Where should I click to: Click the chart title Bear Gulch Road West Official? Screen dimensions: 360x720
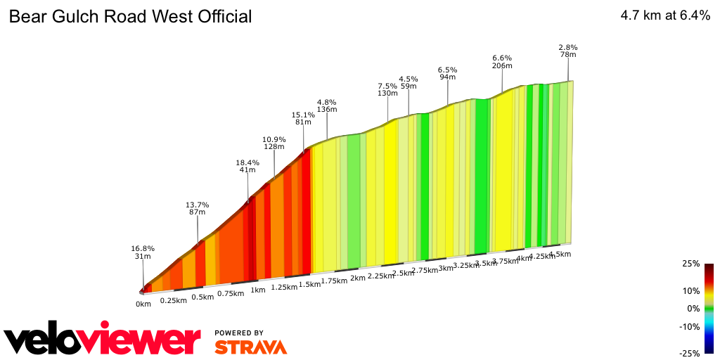(x=130, y=17)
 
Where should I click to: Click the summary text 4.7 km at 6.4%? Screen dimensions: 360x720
(x=664, y=17)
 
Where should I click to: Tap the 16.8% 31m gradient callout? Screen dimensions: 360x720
(x=143, y=252)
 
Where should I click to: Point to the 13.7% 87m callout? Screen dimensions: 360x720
(x=198, y=208)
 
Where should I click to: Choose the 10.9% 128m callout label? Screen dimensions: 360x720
(x=274, y=143)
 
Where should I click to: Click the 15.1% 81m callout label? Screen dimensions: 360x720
(x=303, y=117)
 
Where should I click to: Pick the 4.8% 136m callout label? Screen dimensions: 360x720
(x=327, y=105)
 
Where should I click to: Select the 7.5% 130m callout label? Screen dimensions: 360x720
(x=387, y=89)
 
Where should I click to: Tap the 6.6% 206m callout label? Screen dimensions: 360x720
(x=502, y=62)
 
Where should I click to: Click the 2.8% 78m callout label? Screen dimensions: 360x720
(x=567, y=51)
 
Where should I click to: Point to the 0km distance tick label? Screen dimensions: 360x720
(x=143, y=304)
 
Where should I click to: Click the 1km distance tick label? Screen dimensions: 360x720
(x=258, y=290)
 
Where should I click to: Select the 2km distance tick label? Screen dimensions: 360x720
(x=357, y=278)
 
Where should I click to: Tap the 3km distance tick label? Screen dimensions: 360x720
(x=446, y=268)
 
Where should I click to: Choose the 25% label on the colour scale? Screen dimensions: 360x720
(x=691, y=264)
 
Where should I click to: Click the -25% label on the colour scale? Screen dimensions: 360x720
(x=690, y=353)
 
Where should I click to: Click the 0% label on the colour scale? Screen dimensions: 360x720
(x=693, y=309)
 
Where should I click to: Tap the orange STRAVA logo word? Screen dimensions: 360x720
(x=250, y=347)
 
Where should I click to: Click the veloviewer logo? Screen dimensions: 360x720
(x=103, y=340)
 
